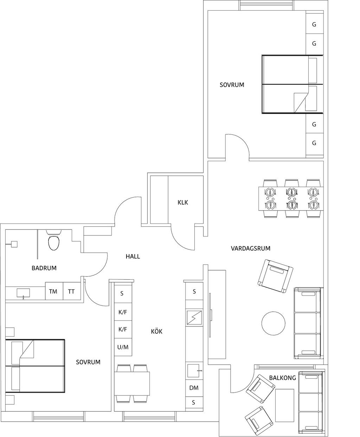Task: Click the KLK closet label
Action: click(x=182, y=202)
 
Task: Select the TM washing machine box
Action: click(x=54, y=291)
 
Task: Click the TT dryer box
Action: click(x=72, y=291)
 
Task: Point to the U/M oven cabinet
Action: click(x=123, y=347)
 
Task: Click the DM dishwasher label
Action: click(x=194, y=388)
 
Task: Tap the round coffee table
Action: click(x=273, y=323)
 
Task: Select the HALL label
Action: click(x=133, y=256)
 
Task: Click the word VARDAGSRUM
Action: click(x=250, y=248)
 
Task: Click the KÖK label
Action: click(x=156, y=331)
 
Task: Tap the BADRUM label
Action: click(x=44, y=268)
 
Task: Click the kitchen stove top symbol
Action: click(x=194, y=317)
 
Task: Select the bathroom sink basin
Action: click(x=23, y=293)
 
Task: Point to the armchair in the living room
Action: click(x=275, y=276)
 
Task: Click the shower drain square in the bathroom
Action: click(x=14, y=244)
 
